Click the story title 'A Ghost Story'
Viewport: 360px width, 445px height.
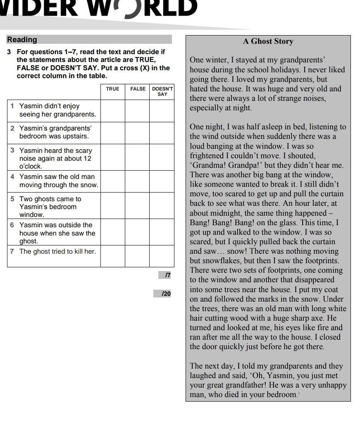click(x=268, y=41)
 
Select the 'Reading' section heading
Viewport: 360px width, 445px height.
click(x=22, y=40)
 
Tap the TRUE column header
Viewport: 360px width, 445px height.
click(x=112, y=89)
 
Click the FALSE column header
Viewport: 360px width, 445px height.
click(x=138, y=89)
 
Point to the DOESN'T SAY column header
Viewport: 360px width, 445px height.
click(x=162, y=91)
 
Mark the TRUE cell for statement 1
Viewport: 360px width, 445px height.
click(x=112, y=111)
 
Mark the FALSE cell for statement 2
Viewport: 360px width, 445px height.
click(x=137, y=133)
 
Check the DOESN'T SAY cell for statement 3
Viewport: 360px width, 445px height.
click(x=162, y=157)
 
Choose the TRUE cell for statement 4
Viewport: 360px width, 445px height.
click(x=112, y=181)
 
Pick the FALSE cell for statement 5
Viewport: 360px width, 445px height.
click(x=137, y=205)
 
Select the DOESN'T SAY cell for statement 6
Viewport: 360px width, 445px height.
click(x=162, y=232)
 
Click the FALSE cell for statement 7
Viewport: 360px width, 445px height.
click(x=137, y=256)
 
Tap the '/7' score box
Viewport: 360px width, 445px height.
click(x=165, y=275)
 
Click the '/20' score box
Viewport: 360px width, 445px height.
click(x=163, y=294)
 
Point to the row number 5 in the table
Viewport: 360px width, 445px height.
click(x=12, y=199)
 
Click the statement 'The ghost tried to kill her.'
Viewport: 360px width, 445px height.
click(x=57, y=251)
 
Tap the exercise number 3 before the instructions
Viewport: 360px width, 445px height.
click(x=9, y=52)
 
